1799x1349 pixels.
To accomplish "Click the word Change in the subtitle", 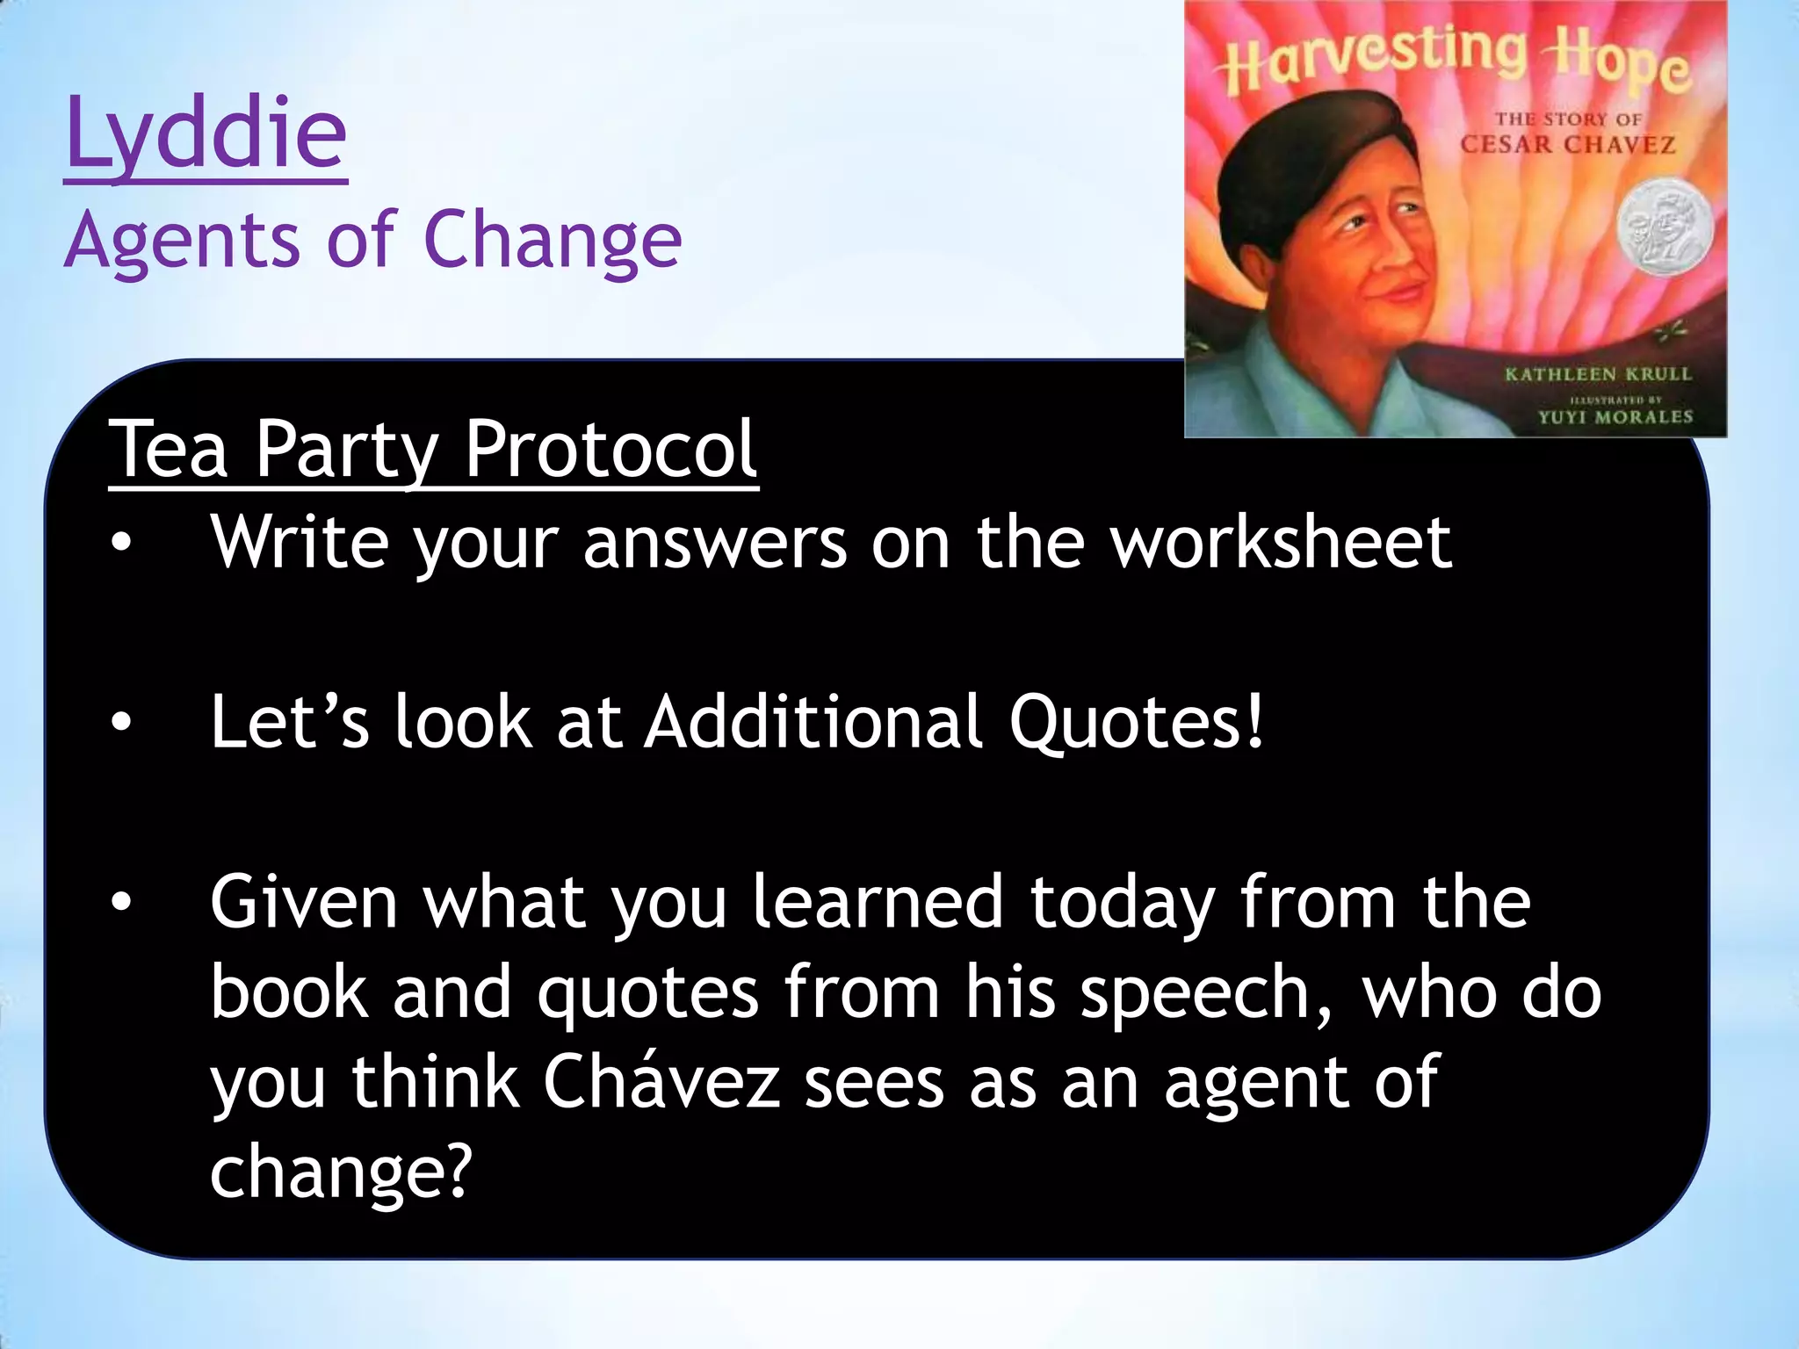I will coord(553,242).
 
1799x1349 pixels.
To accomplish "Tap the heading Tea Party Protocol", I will coord(433,450).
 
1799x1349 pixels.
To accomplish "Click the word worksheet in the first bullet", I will coord(1280,542).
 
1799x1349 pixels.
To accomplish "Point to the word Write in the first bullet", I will coord(299,542).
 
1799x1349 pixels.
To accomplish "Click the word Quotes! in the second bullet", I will coord(1137,722).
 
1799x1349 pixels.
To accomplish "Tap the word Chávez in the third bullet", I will coord(661,1082).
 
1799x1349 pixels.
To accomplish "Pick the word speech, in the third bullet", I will coord(1205,992).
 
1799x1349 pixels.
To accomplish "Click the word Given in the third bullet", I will coord(304,902).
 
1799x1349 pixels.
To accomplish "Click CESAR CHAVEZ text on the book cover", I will coord(1567,144).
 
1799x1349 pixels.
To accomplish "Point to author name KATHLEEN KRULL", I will coord(1598,374).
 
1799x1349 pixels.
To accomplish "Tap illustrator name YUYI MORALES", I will coord(1615,416).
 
